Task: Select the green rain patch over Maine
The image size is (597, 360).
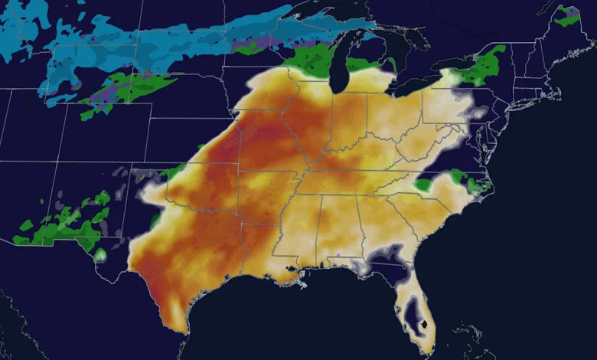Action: (x=567, y=15)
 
